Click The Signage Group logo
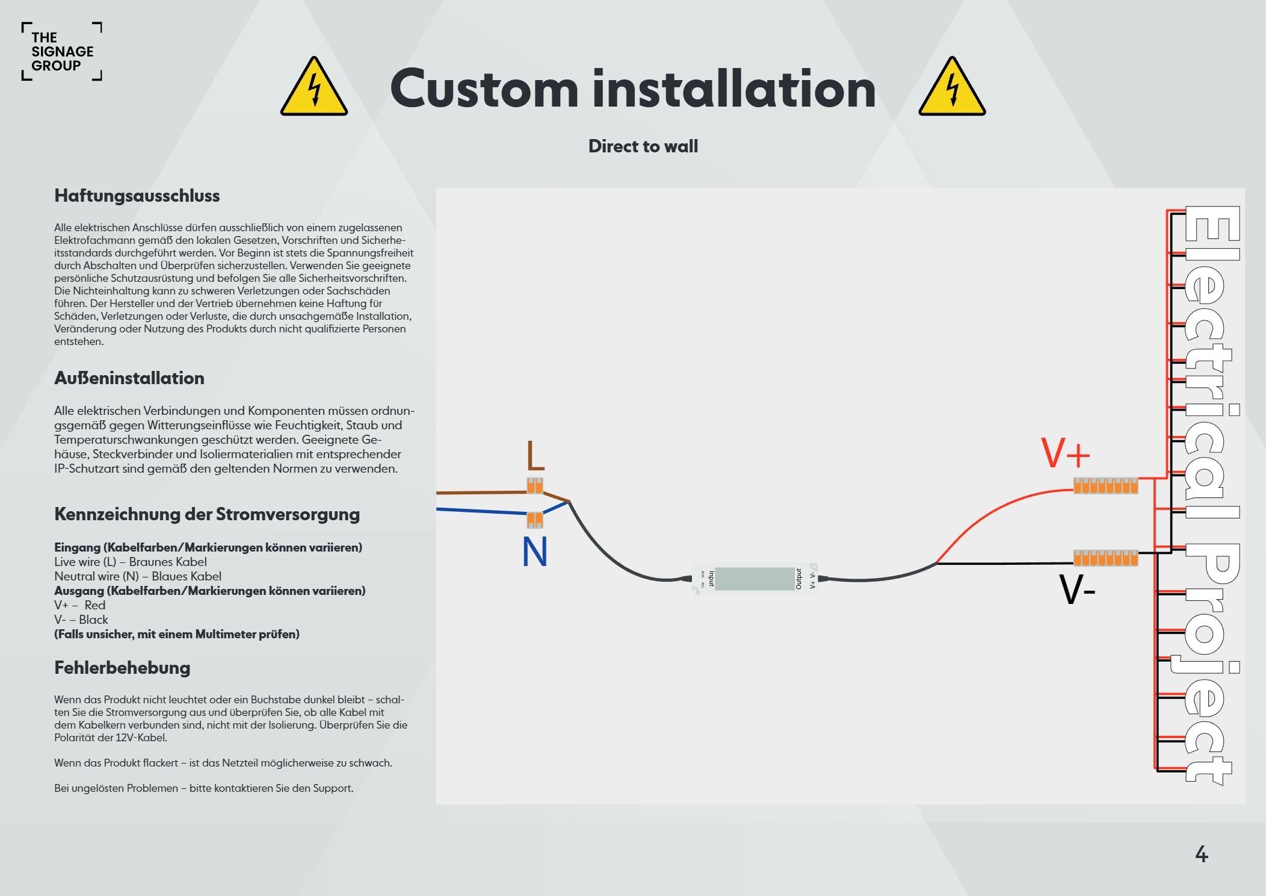pyautogui.click(x=62, y=52)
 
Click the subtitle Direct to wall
pyautogui.click(x=643, y=146)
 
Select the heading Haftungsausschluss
pyautogui.click(x=137, y=196)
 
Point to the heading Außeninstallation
pyautogui.click(x=129, y=378)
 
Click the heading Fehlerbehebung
pyautogui.click(x=122, y=668)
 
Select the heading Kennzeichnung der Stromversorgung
pyautogui.click(x=207, y=514)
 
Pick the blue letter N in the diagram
pyautogui.click(x=535, y=552)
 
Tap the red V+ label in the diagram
pyautogui.click(x=1066, y=454)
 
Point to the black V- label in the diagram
pyautogui.click(x=1077, y=591)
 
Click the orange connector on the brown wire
pyautogui.click(x=535, y=485)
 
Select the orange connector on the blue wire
pyautogui.click(x=535, y=520)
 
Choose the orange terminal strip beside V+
pyautogui.click(x=1105, y=486)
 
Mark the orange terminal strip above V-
pyautogui.click(x=1105, y=558)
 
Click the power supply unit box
pyautogui.click(x=755, y=579)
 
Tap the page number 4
pyautogui.click(x=1201, y=854)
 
